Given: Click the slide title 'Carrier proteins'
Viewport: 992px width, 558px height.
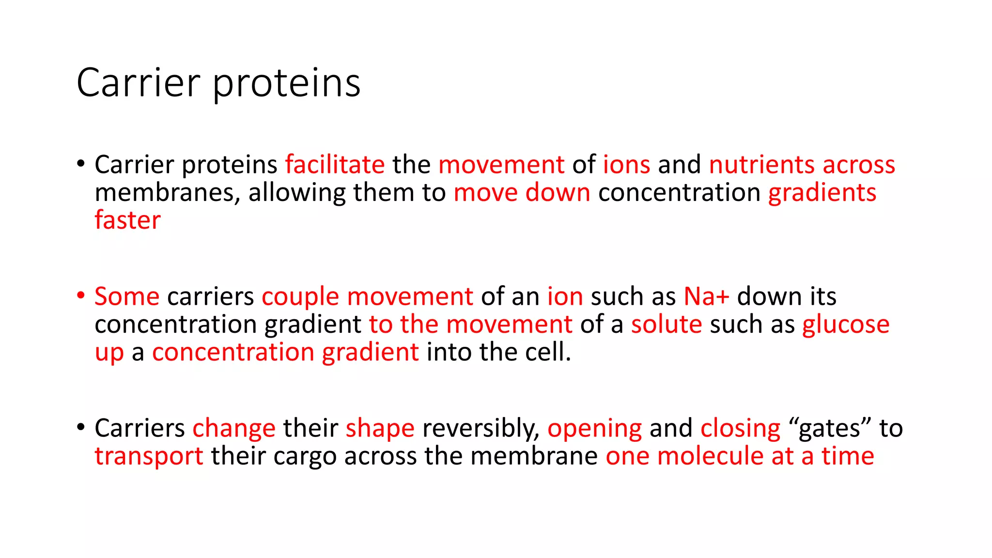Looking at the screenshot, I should (218, 83).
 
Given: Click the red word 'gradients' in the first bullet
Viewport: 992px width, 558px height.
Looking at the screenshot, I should (822, 192).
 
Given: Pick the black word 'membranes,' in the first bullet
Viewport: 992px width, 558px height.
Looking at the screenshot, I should (168, 192).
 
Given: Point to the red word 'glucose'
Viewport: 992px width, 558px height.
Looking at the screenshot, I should (845, 325).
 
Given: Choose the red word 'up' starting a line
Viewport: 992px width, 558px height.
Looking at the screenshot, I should (109, 353).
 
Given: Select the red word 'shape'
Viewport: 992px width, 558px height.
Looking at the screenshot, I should (380, 428).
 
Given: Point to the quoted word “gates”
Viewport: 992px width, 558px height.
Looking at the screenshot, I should (830, 428).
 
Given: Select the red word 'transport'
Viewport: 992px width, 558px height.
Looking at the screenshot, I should (149, 457).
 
